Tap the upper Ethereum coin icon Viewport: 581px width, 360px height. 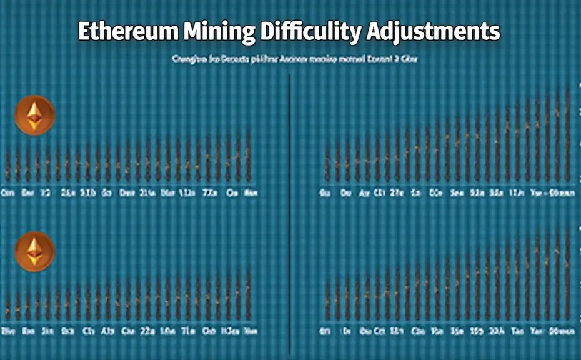pos(35,115)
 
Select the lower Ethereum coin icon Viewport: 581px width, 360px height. pos(35,251)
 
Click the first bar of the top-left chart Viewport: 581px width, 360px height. pos(7,164)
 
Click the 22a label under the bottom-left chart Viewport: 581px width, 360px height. pos(148,331)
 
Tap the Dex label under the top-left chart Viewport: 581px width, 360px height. pos(128,193)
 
